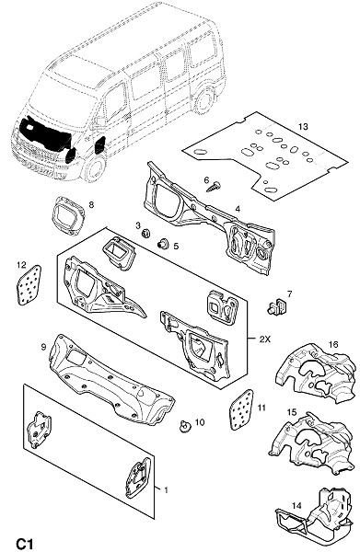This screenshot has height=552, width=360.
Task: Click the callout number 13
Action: point(303,126)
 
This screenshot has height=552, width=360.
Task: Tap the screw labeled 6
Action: point(214,186)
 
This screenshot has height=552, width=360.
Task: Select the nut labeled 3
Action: point(145,233)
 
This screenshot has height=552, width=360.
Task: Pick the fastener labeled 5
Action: point(163,243)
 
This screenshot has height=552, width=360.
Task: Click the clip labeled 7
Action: point(275,306)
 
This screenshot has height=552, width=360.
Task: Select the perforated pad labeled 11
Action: point(241,409)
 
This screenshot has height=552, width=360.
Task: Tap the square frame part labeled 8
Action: point(68,214)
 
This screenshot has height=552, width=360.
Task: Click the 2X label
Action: point(264,339)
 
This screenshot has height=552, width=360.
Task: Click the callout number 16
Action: point(333,344)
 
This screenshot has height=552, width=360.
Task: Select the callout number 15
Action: point(292,411)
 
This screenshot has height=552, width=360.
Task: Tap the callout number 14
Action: point(296,505)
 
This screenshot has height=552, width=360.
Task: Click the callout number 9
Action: point(43,347)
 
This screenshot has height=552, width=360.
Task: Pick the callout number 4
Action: point(238,209)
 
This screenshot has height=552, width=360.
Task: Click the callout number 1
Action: point(166,489)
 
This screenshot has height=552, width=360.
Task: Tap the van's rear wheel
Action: point(204,99)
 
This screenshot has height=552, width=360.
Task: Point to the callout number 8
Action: point(91,204)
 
